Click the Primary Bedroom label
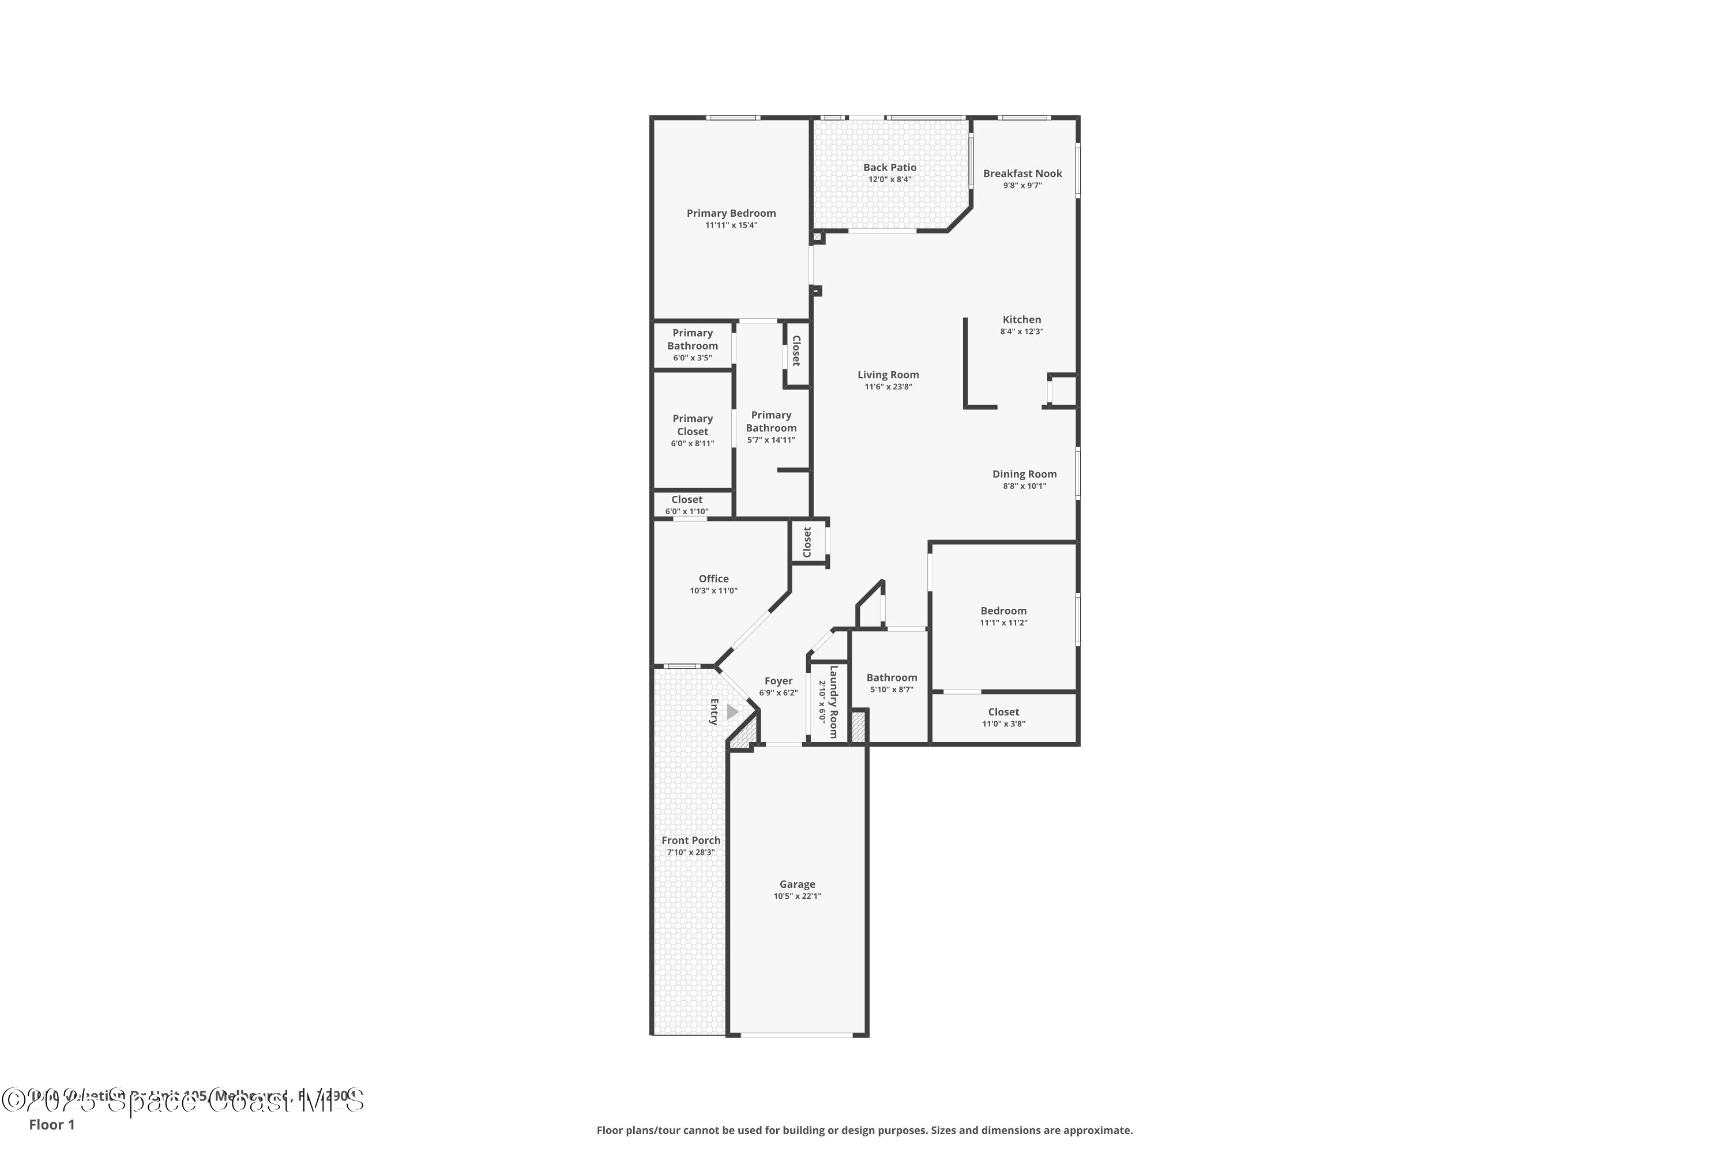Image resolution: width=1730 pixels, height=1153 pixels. (731, 213)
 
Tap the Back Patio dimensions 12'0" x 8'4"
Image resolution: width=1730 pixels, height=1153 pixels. (889, 179)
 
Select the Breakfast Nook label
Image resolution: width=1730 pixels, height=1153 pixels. (1022, 174)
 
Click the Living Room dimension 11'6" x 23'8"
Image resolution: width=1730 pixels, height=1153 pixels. (888, 387)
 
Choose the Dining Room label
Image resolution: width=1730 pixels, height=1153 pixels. (1024, 474)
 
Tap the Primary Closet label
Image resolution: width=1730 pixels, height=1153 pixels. (692, 425)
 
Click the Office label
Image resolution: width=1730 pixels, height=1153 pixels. (713, 579)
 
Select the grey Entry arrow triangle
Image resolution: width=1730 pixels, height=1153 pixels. (732, 712)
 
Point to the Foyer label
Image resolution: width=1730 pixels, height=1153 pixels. (777, 681)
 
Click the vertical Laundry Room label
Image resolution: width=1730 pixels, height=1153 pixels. (833, 702)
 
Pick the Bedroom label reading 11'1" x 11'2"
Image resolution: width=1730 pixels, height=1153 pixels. (1003, 611)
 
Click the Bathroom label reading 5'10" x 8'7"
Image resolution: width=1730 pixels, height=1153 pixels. (892, 678)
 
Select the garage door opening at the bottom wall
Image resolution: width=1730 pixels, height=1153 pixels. (796, 1035)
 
